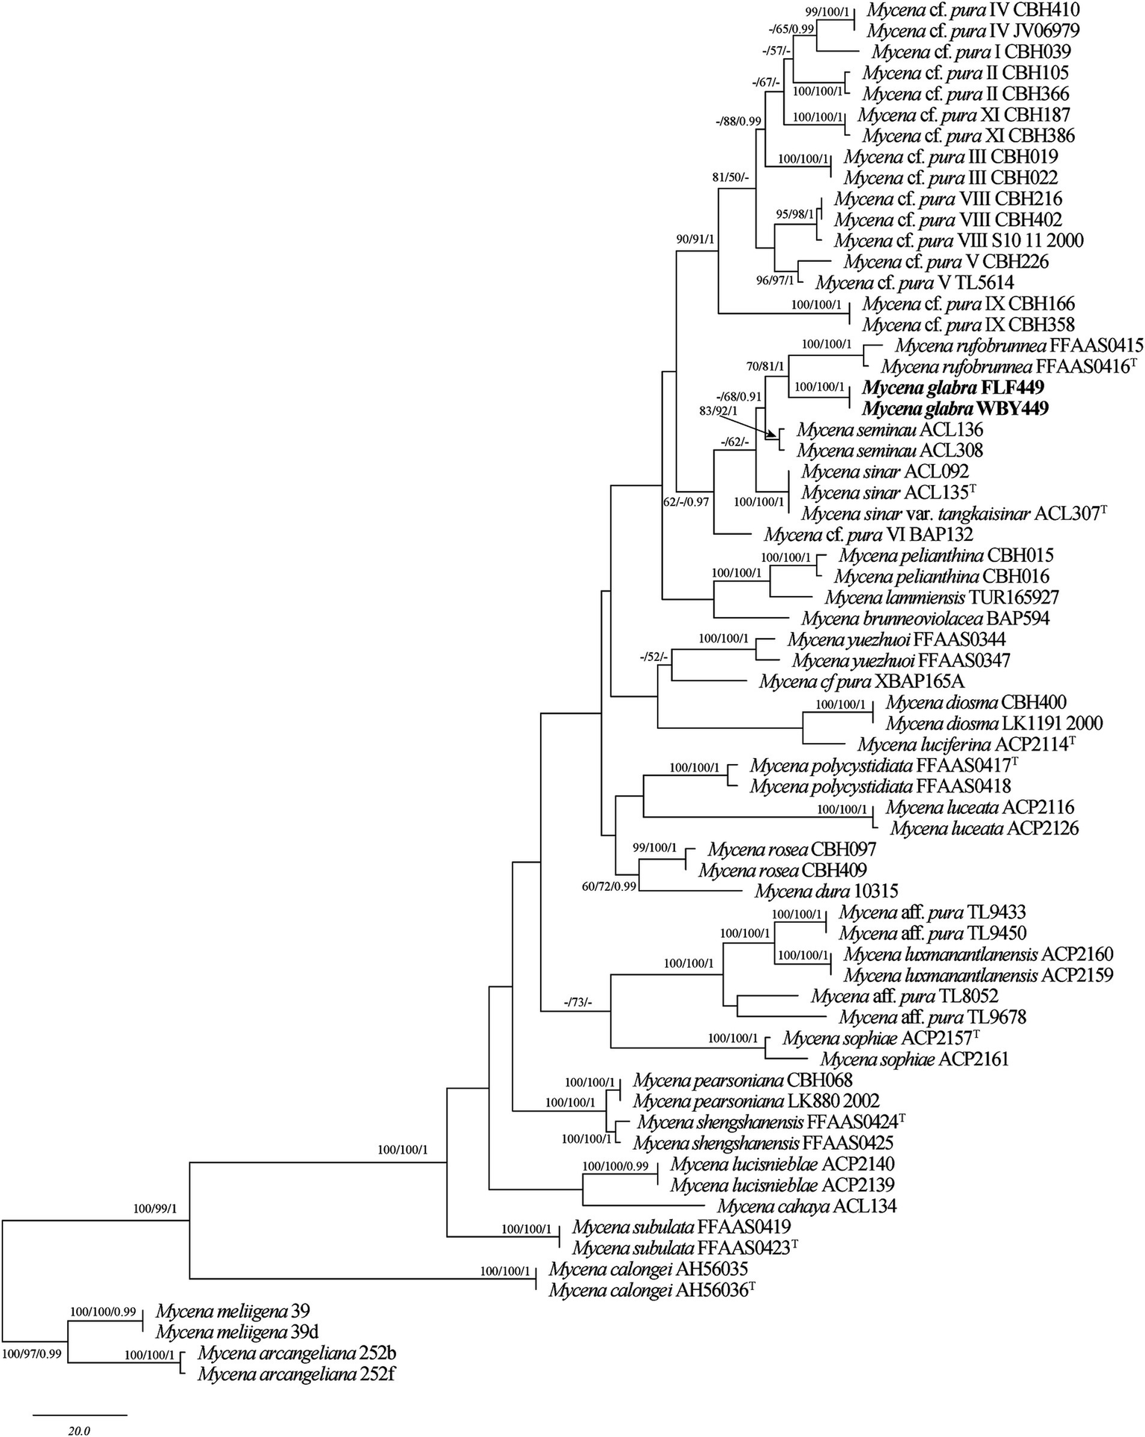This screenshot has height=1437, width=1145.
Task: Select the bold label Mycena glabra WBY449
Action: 956,409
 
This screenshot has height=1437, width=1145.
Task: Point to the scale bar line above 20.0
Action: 80,1413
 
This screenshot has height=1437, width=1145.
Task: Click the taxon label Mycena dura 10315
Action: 826,891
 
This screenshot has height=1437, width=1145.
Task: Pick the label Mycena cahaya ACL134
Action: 806,1206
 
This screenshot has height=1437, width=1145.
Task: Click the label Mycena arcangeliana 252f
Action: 296,1374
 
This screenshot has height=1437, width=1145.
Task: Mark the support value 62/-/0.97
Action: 686,502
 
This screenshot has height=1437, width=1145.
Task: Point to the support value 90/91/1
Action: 694,239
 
